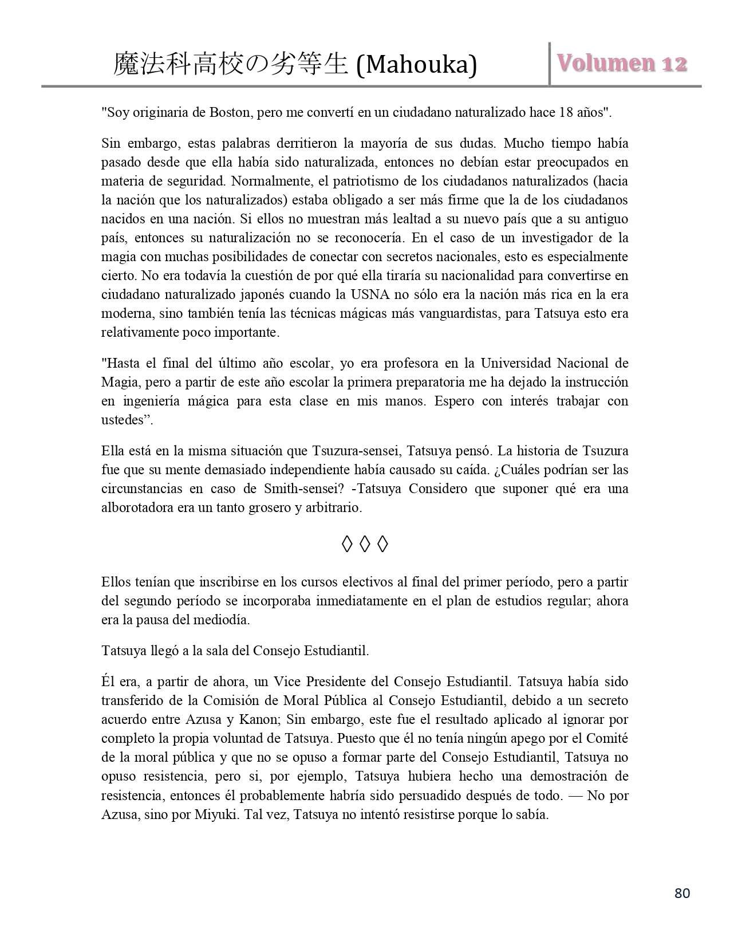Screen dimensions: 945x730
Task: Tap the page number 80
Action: coord(682,893)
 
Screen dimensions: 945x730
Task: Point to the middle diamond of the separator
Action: coord(365,545)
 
